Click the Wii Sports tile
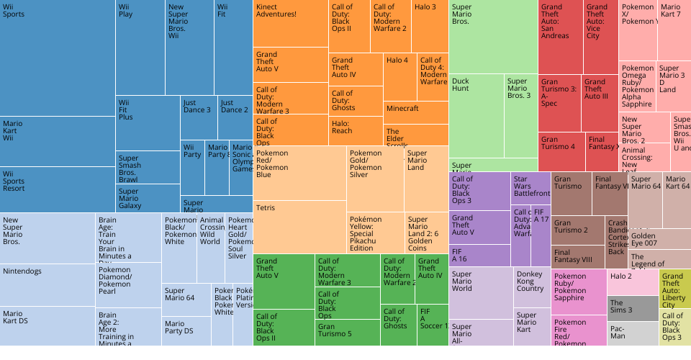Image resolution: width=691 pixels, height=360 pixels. click(58, 58)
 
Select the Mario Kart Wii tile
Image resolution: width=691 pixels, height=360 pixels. click(58, 141)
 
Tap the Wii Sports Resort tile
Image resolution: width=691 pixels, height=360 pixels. click(58, 189)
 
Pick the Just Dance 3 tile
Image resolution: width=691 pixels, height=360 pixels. click(198, 117)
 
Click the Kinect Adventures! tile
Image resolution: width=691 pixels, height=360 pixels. click(291, 23)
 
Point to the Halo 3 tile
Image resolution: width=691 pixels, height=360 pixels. click(430, 26)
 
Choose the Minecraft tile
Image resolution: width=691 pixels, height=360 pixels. click(415, 112)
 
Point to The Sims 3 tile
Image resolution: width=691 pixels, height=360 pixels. click(633, 308)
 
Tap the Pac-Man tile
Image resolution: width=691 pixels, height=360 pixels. click(633, 333)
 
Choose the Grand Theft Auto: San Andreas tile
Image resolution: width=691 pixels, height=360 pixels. click(559, 36)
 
